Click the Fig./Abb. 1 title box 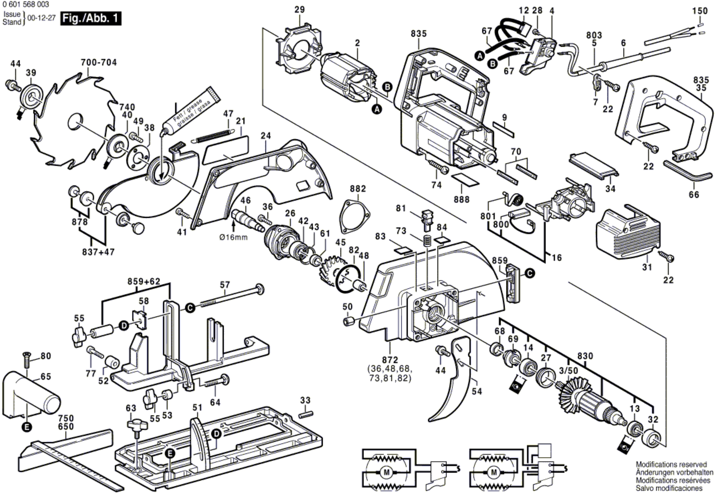click(x=90, y=19)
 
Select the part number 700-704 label click(x=99, y=63)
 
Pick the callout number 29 click(x=300, y=10)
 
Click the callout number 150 click(x=700, y=11)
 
